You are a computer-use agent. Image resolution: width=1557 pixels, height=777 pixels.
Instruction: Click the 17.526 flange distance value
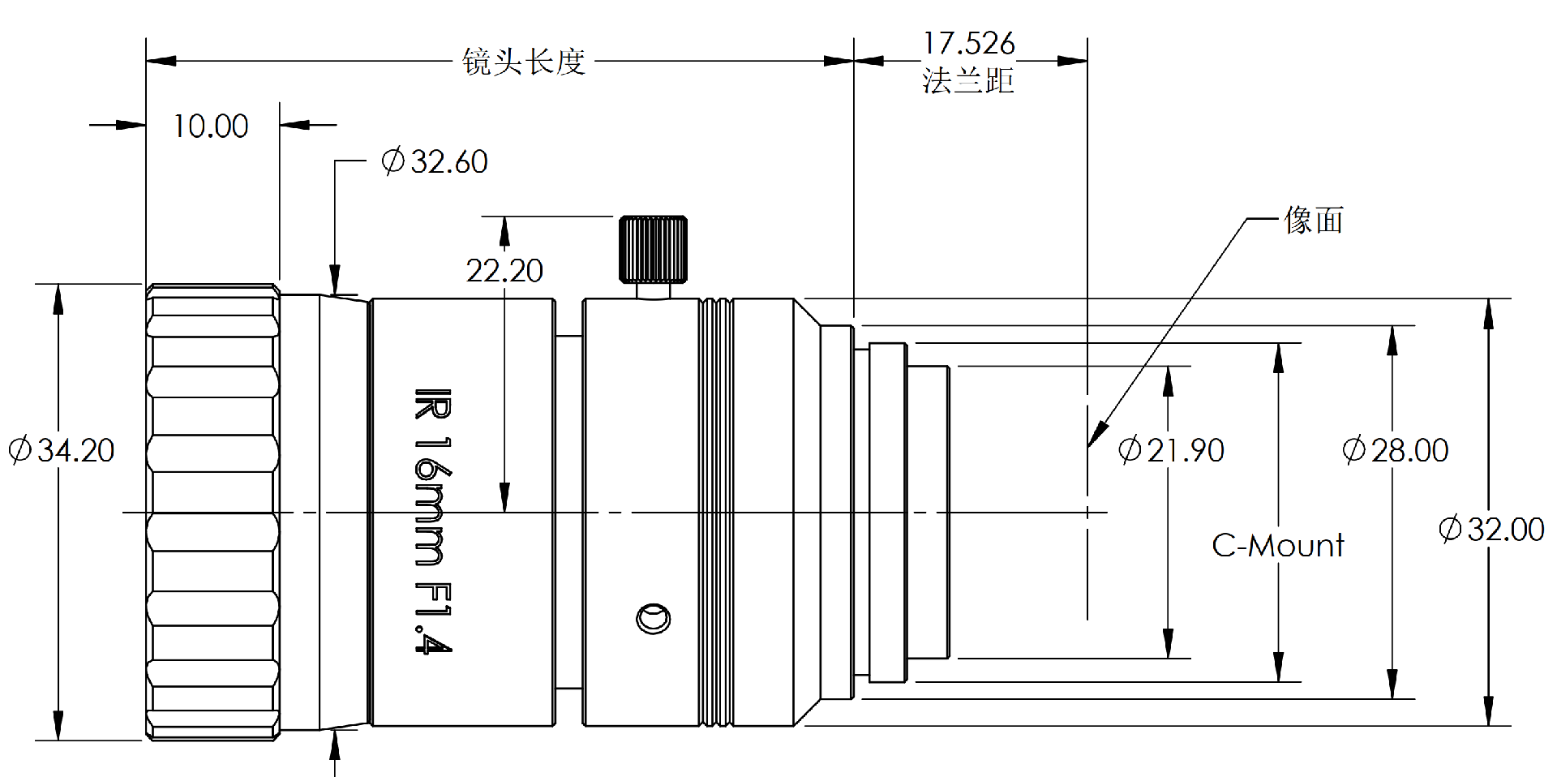tap(968, 43)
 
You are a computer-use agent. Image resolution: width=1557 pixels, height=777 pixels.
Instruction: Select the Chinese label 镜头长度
tap(524, 62)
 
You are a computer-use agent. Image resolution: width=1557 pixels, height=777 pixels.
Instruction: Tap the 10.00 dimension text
tap(210, 127)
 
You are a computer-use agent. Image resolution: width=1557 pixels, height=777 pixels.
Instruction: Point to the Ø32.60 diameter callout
tap(435, 161)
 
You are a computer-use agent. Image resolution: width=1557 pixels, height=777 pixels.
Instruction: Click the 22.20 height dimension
tap(504, 270)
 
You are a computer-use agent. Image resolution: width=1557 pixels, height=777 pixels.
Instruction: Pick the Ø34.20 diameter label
tap(62, 450)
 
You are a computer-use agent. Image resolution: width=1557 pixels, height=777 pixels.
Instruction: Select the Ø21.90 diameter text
tap(1171, 450)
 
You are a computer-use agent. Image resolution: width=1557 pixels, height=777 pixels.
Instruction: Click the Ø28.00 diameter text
tap(1395, 450)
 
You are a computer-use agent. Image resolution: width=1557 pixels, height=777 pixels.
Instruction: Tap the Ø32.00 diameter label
tap(1491, 530)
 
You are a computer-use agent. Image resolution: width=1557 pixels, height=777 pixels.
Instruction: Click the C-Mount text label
tap(1277, 546)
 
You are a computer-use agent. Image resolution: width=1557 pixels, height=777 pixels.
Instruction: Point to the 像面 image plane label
tap(1314, 221)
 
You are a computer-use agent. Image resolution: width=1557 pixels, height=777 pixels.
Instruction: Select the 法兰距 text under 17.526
tap(968, 80)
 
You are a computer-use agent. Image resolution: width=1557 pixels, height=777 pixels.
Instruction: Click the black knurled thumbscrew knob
tap(653, 249)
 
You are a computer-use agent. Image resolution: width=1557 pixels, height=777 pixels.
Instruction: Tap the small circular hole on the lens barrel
tap(653, 620)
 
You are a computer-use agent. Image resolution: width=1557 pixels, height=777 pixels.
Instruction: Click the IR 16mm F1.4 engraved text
tap(431, 519)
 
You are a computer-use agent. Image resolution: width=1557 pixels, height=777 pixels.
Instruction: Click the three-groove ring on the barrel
tap(716, 513)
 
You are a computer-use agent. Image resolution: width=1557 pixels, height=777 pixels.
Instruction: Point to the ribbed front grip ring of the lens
tap(212, 513)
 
